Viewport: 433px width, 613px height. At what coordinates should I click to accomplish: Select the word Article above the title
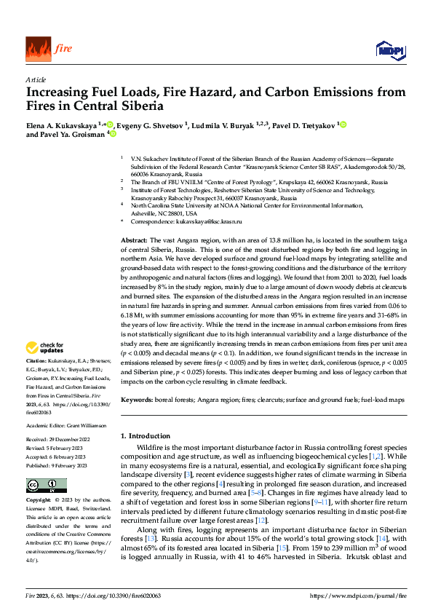[35, 80]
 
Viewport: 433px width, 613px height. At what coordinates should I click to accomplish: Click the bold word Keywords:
[136, 400]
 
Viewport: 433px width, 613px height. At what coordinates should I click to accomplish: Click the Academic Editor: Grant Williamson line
[65, 425]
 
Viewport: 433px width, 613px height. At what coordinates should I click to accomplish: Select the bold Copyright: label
[39, 502]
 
